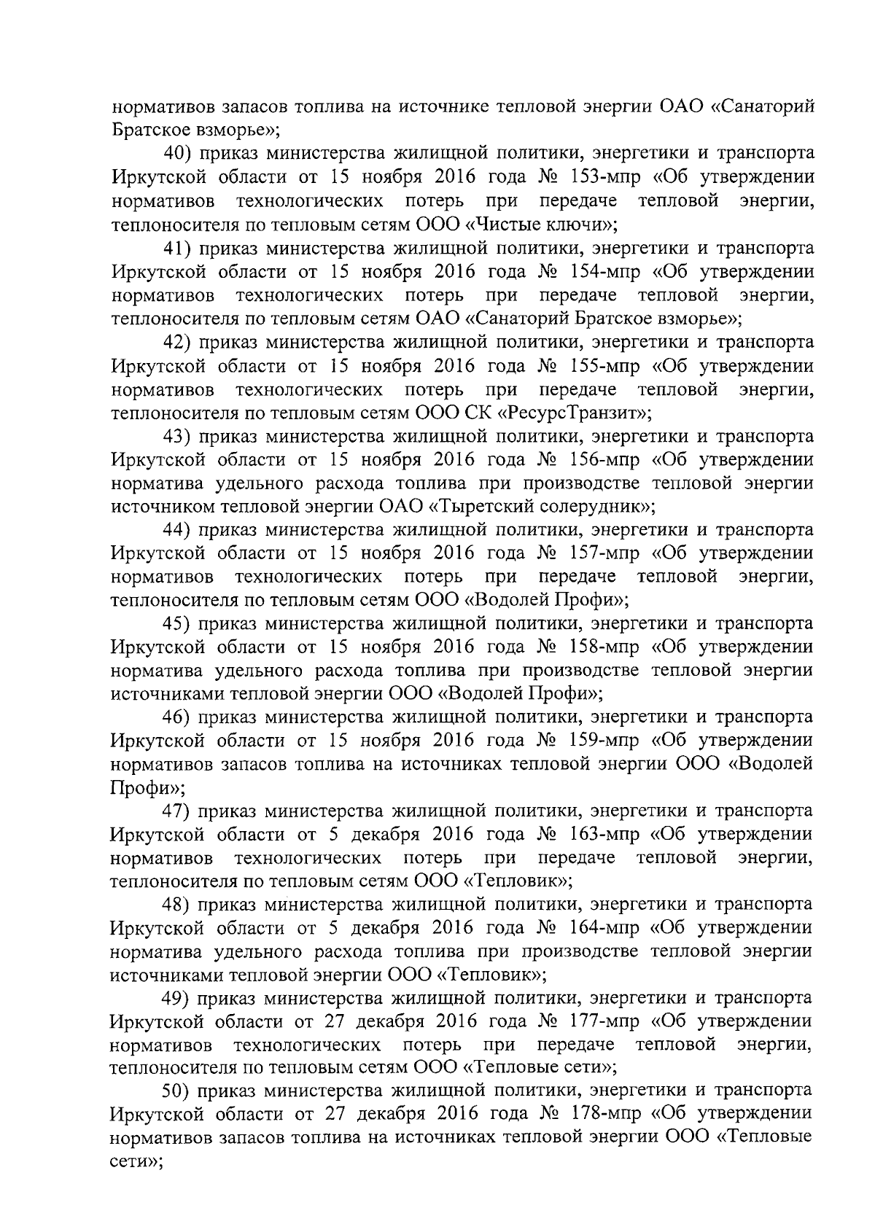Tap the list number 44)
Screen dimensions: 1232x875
(177, 530)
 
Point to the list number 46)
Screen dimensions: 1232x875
(177, 717)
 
